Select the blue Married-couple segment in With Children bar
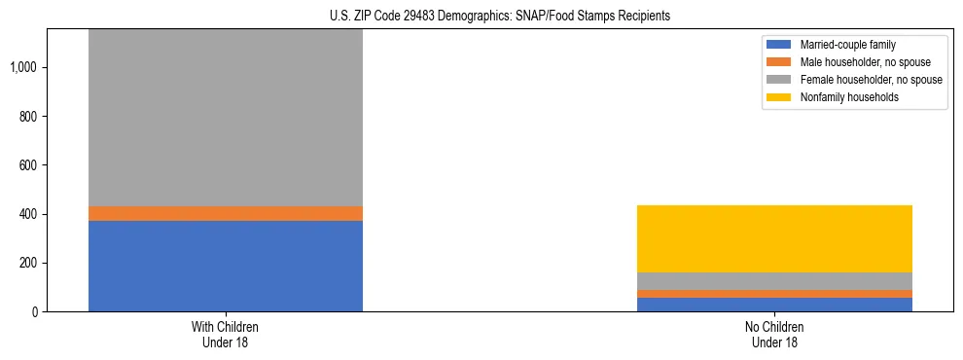click(225, 266)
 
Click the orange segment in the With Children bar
click(225, 213)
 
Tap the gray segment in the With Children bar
click(225, 117)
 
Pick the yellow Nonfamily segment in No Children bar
click(774, 238)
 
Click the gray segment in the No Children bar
click(774, 281)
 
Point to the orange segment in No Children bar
click(774, 294)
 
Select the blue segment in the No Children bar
click(774, 305)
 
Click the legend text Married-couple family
click(848, 45)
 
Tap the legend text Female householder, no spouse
click(871, 80)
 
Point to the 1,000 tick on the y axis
click(23, 67)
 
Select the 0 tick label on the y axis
click(33, 312)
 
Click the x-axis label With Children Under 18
click(225, 335)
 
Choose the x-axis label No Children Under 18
click(774, 335)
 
